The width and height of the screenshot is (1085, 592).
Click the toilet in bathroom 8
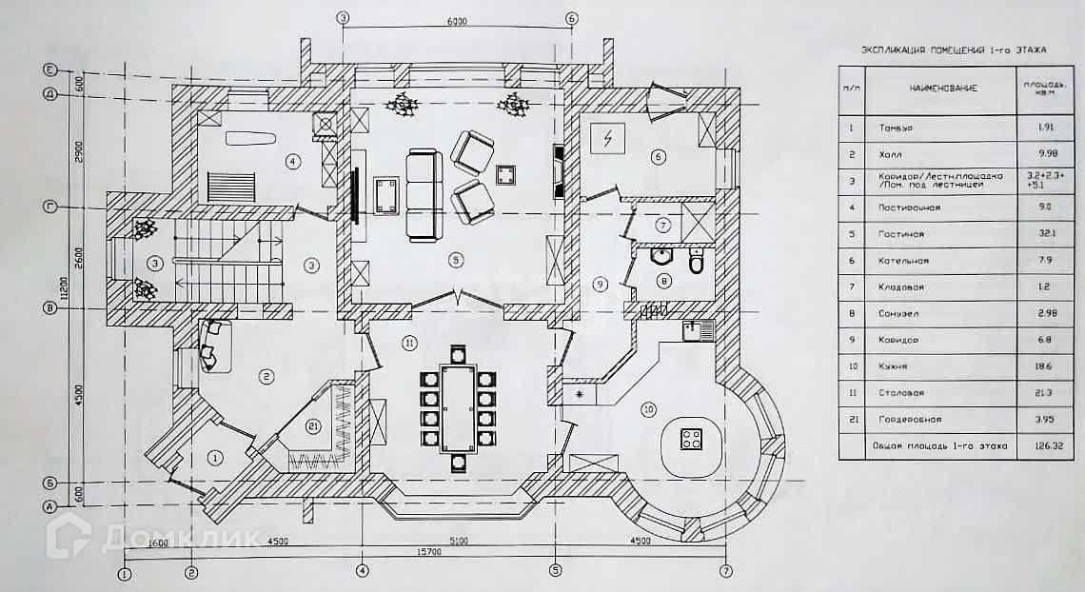(x=697, y=259)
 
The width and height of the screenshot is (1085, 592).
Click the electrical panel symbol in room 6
(x=603, y=139)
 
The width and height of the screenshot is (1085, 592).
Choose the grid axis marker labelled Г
(x=49, y=206)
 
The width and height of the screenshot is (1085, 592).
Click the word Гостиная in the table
(x=902, y=233)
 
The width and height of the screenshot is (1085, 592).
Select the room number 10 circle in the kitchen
(x=648, y=410)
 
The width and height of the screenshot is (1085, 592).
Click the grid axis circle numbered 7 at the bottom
(x=727, y=571)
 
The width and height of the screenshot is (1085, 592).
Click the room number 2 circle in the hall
(x=266, y=377)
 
